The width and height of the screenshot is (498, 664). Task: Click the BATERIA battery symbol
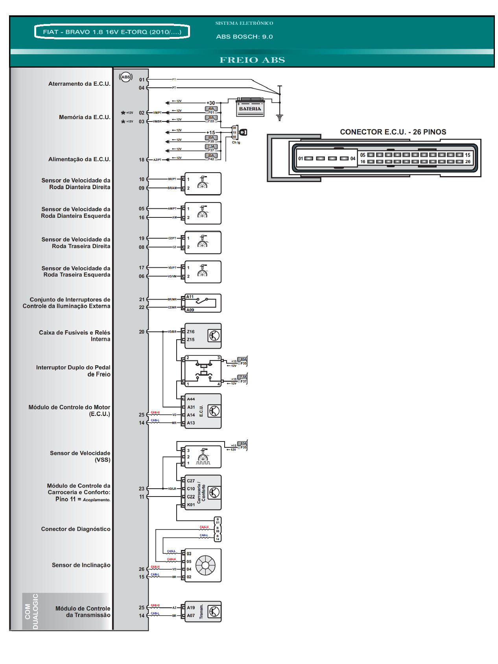[250, 108]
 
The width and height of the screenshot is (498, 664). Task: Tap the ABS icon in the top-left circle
[126, 77]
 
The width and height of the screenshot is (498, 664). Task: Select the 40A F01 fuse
[211, 110]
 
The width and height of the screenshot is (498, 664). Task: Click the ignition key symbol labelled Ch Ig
[243, 132]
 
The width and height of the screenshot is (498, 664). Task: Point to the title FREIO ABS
[252, 60]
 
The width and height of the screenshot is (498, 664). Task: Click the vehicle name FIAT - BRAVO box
[112, 32]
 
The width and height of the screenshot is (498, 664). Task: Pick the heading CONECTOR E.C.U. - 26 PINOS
[393, 132]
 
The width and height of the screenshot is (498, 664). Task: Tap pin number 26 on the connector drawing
[468, 162]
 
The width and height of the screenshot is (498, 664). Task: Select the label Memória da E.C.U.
[85, 117]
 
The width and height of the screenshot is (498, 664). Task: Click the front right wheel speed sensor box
[203, 184]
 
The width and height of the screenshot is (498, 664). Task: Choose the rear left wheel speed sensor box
[203, 272]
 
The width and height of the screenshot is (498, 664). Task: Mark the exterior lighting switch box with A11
[203, 303]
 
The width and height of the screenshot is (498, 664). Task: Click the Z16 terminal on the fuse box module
[191, 332]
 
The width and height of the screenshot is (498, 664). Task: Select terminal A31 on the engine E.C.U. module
[191, 407]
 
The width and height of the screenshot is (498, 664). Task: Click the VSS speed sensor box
[203, 457]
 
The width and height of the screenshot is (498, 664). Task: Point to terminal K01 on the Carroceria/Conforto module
[191, 505]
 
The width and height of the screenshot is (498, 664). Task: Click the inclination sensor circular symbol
[205, 565]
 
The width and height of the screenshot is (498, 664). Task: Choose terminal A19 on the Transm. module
[191, 608]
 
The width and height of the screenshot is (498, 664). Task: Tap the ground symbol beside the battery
[280, 117]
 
